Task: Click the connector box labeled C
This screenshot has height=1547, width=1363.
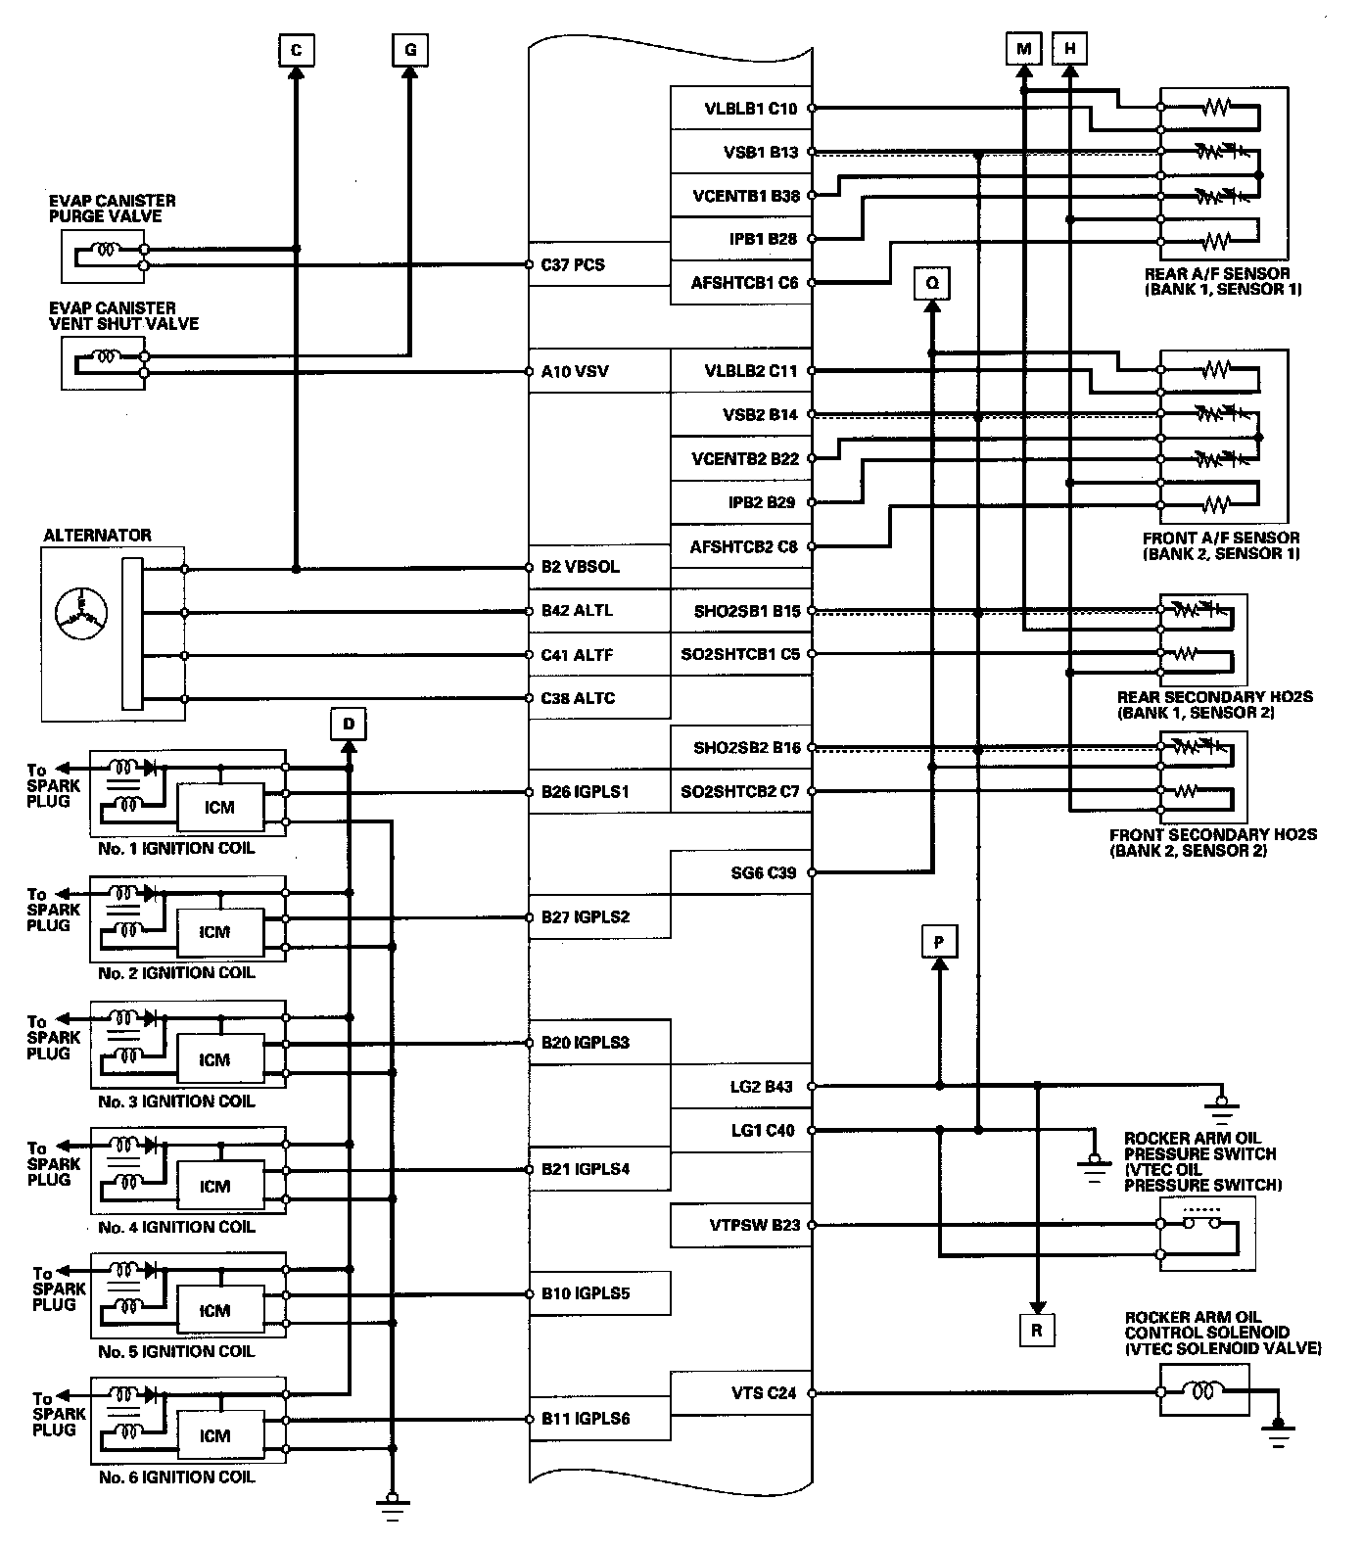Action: [297, 49]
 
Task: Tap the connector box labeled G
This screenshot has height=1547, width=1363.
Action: [410, 49]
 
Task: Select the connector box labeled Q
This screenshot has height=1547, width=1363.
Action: [932, 283]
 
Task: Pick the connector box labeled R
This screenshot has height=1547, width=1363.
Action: [1037, 1331]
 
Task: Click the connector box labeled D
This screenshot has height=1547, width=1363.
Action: [349, 725]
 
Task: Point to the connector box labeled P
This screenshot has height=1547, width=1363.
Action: [939, 942]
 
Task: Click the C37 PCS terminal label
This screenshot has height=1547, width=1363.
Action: [573, 264]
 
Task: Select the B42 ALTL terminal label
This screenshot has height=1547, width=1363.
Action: [578, 611]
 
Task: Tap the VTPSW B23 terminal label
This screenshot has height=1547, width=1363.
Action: [755, 1225]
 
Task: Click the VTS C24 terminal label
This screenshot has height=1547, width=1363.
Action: [765, 1392]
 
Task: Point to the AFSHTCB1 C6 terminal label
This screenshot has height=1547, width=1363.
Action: [744, 283]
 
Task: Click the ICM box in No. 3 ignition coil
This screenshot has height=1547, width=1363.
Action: [219, 1059]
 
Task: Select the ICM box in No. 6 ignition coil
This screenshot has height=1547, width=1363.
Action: [219, 1435]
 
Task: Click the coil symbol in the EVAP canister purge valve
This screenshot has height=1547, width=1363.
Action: [104, 250]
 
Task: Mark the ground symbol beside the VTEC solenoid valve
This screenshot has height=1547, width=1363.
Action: [1278, 1433]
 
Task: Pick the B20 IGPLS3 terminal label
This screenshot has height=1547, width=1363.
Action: [585, 1043]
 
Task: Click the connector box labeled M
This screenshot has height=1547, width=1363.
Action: [1024, 49]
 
